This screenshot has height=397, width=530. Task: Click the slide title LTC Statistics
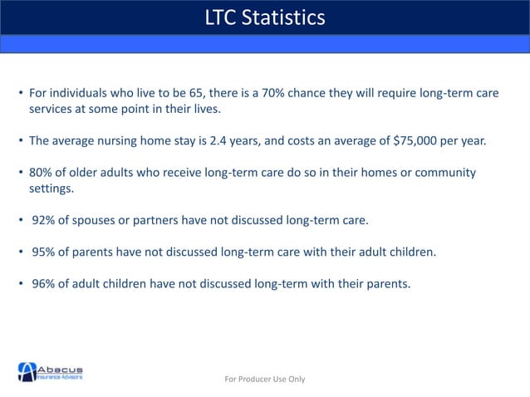tap(265, 17)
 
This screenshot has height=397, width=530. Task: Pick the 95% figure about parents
tap(44, 252)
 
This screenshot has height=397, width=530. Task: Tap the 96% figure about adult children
tap(44, 283)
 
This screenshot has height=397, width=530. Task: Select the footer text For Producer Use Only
tap(265, 379)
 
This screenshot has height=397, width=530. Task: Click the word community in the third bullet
tap(447, 172)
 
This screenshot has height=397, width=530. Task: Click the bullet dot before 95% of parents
tap(21, 252)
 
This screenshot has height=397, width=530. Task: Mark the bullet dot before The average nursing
tap(21, 140)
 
